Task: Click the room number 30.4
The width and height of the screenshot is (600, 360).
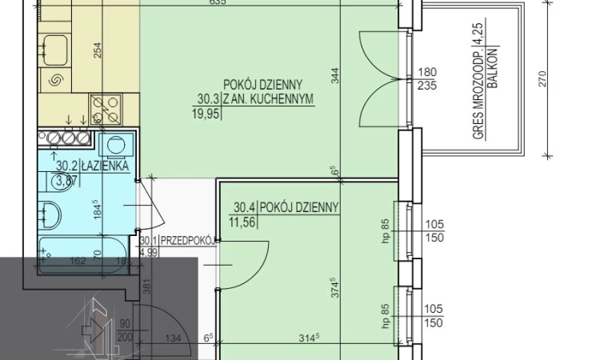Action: pos(244,207)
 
